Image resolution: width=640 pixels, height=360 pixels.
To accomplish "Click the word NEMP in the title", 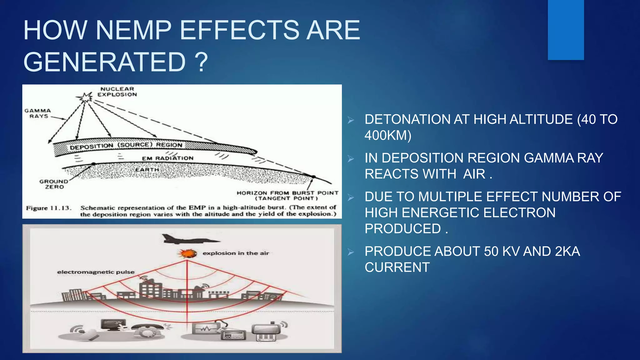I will pos(133,30).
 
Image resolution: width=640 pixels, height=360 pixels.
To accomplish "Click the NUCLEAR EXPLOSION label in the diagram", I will pos(117,92).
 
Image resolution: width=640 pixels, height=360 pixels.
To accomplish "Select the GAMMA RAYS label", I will pos(38,113).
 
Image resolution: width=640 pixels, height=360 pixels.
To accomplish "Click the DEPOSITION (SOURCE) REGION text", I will pos(126,146).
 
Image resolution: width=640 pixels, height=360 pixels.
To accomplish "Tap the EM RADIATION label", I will pos(167,158).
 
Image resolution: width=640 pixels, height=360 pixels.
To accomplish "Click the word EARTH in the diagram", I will pos(147,170).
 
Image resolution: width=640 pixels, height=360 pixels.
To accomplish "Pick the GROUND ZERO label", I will pos(54,184).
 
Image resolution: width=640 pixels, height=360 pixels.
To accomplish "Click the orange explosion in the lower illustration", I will pos(187,253).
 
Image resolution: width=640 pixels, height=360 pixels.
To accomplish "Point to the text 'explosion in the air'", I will pos(236,253).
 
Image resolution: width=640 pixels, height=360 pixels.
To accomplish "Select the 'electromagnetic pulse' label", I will pos(96,272).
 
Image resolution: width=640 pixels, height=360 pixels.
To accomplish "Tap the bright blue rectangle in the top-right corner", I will pos(566,30).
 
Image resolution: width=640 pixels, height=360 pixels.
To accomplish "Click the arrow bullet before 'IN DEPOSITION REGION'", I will pos(351,159).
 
